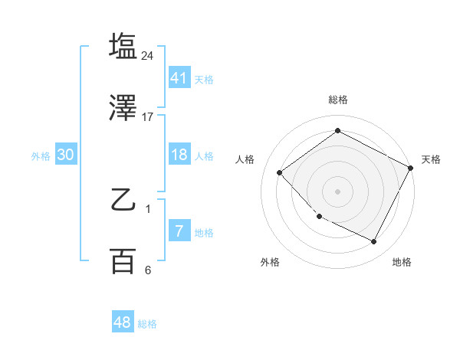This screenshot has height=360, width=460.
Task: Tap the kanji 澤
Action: [x=123, y=108]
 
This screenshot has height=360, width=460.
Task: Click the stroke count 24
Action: [x=148, y=56]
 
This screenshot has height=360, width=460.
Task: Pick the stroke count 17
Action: [x=148, y=117]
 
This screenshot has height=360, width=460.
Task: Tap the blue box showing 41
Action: [x=179, y=77]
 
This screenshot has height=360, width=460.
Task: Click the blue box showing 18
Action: [x=179, y=155]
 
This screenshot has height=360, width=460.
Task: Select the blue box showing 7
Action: [x=179, y=231]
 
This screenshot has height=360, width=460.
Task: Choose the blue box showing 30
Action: [x=66, y=155]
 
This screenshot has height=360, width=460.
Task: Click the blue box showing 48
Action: [x=123, y=322]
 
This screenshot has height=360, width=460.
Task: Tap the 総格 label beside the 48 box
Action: [x=147, y=324]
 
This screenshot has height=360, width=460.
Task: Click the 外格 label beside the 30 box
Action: [x=41, y=155]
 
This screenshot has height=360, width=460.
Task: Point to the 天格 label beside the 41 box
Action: [x=204, y=79]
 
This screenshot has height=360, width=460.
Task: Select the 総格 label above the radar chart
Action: [x=338, y=100]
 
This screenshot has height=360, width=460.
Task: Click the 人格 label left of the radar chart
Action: [x=245, y=159]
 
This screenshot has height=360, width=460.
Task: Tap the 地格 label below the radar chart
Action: [x=402, y=263]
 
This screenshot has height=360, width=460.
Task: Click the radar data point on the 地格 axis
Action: [x=374, y=242]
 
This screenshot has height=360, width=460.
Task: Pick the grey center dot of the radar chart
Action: [x=338, y=191]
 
